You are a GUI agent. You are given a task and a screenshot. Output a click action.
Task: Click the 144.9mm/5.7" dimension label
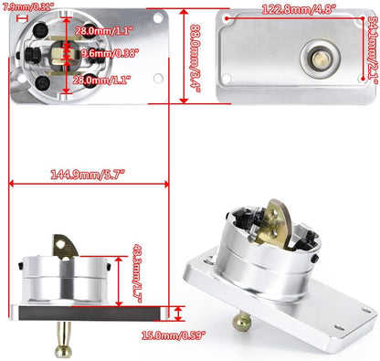(88, 175)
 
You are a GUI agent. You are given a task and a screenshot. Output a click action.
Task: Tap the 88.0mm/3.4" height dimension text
(195, 57)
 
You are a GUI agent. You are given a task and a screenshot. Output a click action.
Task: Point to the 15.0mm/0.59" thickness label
(174, 335)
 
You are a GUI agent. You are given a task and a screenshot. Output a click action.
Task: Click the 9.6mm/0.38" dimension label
(110, 54)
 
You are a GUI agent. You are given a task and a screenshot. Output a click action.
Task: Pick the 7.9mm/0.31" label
(26, 6)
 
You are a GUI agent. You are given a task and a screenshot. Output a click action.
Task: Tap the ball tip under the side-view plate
(63, 351)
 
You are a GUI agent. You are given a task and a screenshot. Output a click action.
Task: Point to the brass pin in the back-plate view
(320, 57)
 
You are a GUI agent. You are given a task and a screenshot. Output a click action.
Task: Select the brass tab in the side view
(65, 246)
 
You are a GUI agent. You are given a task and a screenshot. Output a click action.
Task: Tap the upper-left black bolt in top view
(41, 29)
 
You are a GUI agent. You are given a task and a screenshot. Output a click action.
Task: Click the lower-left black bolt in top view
(42, 82)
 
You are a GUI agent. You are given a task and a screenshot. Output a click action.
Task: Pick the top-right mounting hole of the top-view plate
(158, 18)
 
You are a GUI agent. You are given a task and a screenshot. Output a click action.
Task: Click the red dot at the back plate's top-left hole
(227, 18)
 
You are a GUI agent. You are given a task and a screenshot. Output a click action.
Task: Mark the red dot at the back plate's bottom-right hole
(363, 79)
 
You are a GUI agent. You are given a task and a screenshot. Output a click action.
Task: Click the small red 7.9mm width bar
(22, 18)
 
